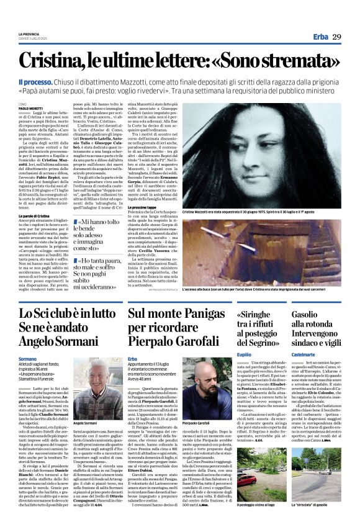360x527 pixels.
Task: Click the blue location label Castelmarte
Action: click(304, 354)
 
